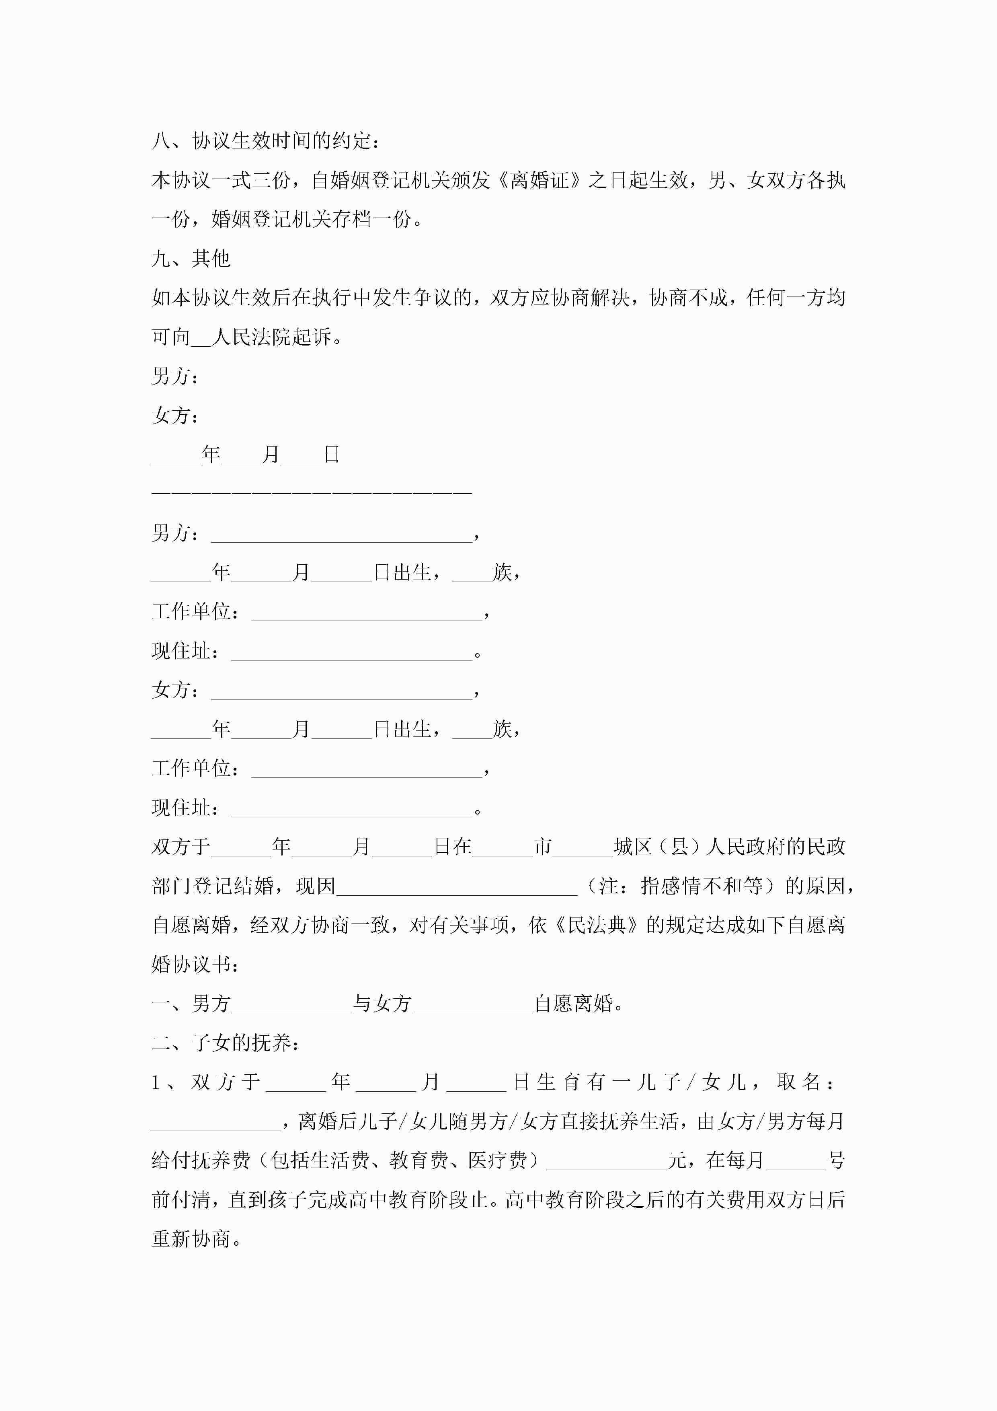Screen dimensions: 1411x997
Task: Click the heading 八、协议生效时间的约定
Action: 265,141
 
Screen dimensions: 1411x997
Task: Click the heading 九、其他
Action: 191,259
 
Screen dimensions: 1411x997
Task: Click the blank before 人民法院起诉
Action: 200,337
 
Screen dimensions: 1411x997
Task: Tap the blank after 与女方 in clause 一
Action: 472,1004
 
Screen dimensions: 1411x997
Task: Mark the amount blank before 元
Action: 606,1161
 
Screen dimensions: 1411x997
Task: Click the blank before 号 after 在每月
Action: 796,1161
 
